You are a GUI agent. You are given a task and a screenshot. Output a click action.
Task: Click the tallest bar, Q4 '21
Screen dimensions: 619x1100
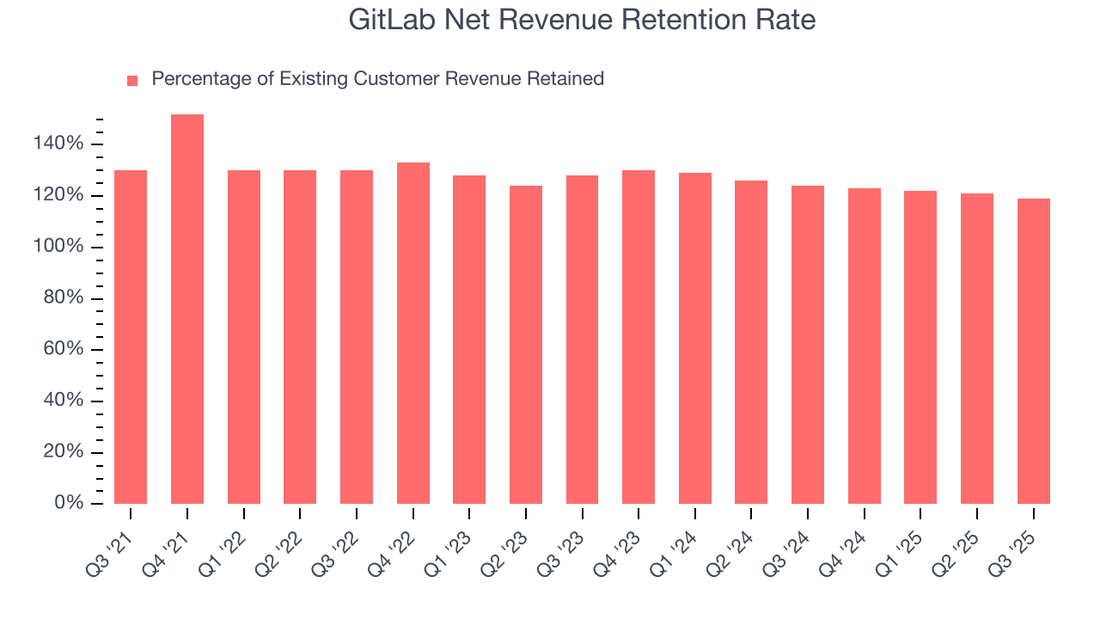click(187, 309)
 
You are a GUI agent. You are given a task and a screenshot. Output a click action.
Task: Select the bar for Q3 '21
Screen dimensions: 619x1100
click(131, 336)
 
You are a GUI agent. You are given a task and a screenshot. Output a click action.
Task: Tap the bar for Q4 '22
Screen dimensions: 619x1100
click(413, 333)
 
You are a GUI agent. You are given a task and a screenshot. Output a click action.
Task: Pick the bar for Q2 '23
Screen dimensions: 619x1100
click(526, 344)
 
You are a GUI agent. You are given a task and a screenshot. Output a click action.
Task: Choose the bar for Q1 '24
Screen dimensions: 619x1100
click(695, 338)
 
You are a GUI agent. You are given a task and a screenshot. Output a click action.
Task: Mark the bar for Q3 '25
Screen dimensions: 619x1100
click(1034, 351)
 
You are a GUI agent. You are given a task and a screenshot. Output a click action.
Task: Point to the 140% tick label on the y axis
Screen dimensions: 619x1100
click(58, 144)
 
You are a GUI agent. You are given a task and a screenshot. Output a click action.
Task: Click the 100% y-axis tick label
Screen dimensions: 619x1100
click(58, 247)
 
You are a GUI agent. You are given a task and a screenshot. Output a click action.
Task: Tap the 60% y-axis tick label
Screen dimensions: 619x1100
click(63, 349)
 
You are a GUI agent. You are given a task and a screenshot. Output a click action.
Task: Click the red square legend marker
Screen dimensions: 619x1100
click(132, 80)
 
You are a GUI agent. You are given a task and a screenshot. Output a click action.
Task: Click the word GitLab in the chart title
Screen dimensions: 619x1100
click(395, 20)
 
